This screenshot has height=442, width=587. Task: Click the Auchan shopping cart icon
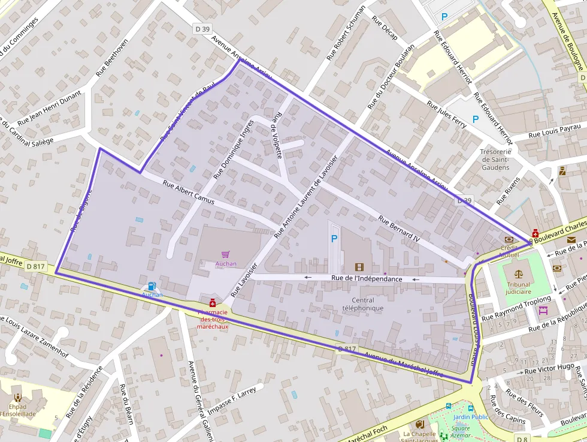tap(225, 255)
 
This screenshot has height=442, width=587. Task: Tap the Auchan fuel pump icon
tap(152, 287)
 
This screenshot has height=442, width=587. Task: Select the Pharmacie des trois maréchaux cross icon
tap(212, 304)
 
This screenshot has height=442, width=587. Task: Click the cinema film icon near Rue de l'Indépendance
tap(359, 267)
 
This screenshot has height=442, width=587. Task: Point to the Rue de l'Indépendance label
tap(367, 279)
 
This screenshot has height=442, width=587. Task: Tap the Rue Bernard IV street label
tap(400, 228)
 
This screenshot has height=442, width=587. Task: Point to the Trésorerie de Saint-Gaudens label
tap(495, 160)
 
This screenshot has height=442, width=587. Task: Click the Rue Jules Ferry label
tap(446, 113)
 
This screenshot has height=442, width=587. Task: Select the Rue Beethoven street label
tap(112, 58)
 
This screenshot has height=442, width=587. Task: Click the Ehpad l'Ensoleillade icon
tap(17, 398)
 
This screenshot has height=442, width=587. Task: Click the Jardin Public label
tap(471, 417)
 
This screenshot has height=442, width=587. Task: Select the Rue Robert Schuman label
tap(346, 32)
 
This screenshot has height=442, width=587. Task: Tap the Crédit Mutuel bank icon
tap(509, 239)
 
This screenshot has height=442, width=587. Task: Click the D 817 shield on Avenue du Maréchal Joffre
tap(347, 349)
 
